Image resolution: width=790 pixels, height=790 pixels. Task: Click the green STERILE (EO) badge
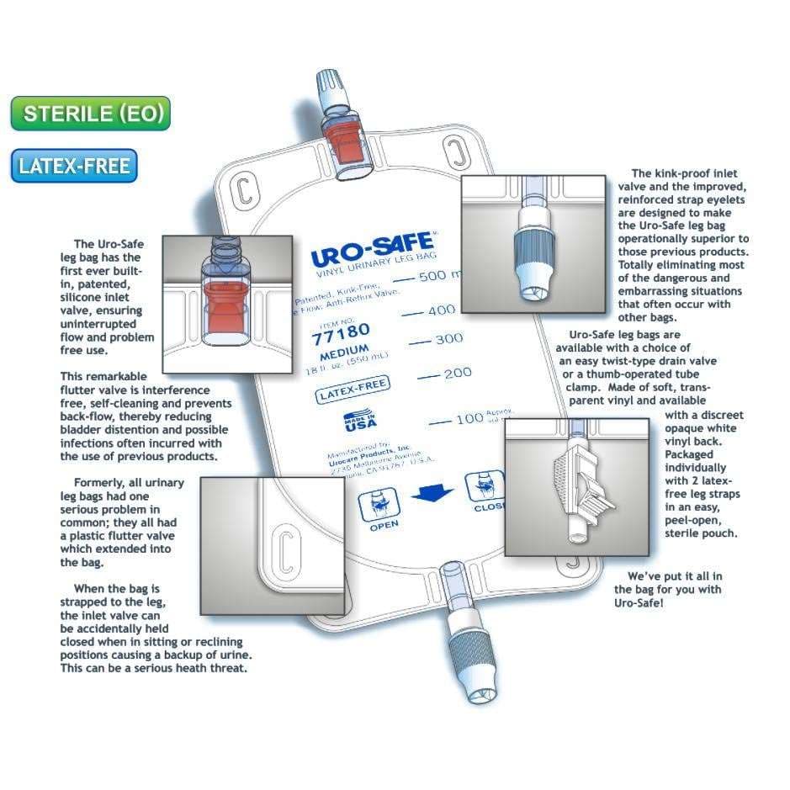coord(91,114)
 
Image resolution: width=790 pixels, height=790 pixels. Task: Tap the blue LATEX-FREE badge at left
coord(75,166)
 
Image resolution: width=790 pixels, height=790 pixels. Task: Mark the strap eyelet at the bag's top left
coord(244,189)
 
